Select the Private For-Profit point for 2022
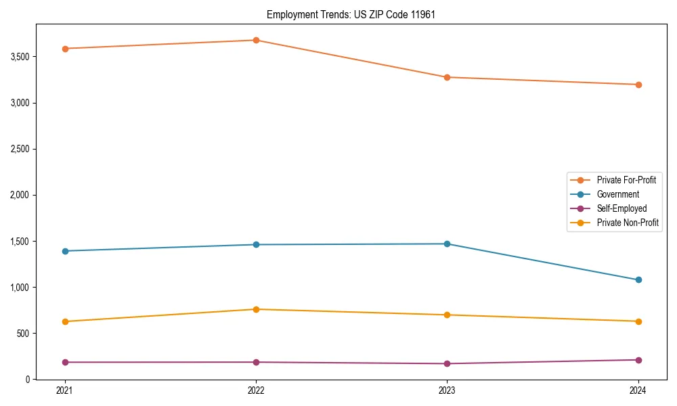pyautogui.click(x=256, y=40)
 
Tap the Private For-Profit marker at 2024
pyautogui.click(x=638, y=85)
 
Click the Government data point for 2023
pyautogui.click(x=447, y=244)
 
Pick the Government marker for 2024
pyautogui.click(x=638, y=279)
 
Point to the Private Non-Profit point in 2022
pyautogui.click(x=256, y=309)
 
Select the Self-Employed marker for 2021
pyautogui.click(x=65, y=362)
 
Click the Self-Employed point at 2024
pyautogui.click(x=638, y=360)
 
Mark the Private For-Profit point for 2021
pyautogui.click(x=65, y=49)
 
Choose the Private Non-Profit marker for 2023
pyautogui.click(x=447, y=315)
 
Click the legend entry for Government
pyautogui.click(x=617, y=194)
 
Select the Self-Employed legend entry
pyautogui.click(x=621, y=208)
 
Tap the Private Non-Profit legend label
pyautogui.click(x=628, y=223)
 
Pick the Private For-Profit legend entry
pyautogui.click(x=626, y=180)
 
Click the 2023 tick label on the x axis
pyautogui.click(x=447, y=390)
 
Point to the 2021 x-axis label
pyautogui.click(x=65, y=390)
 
